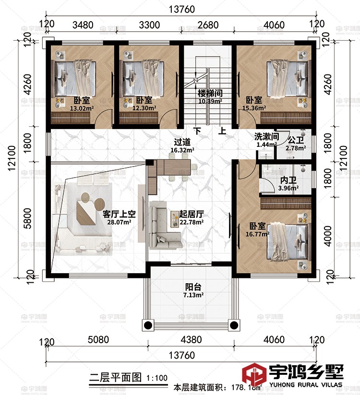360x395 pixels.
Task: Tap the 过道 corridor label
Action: pos(183,142)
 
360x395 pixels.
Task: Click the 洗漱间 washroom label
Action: pos(266,136)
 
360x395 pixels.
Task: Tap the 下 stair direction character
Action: pos(197,131)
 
